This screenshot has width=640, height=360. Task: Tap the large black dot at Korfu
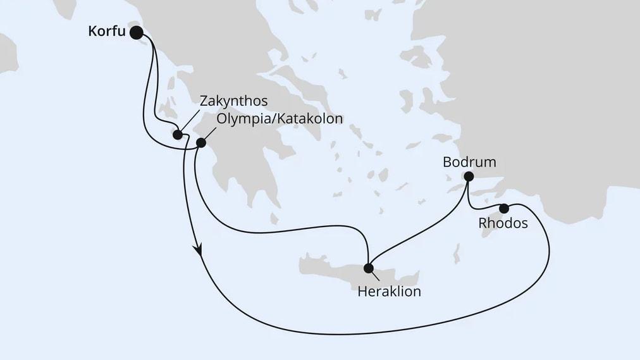click(136, 32)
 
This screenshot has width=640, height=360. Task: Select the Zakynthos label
click(233, 101)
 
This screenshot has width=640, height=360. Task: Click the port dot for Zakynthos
click(178, 135)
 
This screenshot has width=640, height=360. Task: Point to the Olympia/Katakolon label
click(279, 118)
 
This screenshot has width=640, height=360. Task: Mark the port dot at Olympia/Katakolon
click(200, 143)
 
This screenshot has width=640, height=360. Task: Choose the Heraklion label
click(389, 292)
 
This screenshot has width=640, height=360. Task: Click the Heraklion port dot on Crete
click(369, 268)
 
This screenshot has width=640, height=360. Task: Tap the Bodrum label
click(469, 163)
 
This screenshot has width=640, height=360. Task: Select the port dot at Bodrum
click(469, 177)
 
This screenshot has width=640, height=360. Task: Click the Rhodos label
click(503, 224)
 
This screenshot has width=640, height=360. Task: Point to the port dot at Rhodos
click(504, 208)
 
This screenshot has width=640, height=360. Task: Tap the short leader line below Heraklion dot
click(374, 275)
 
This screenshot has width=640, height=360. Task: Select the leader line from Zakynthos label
click(188, 125)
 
